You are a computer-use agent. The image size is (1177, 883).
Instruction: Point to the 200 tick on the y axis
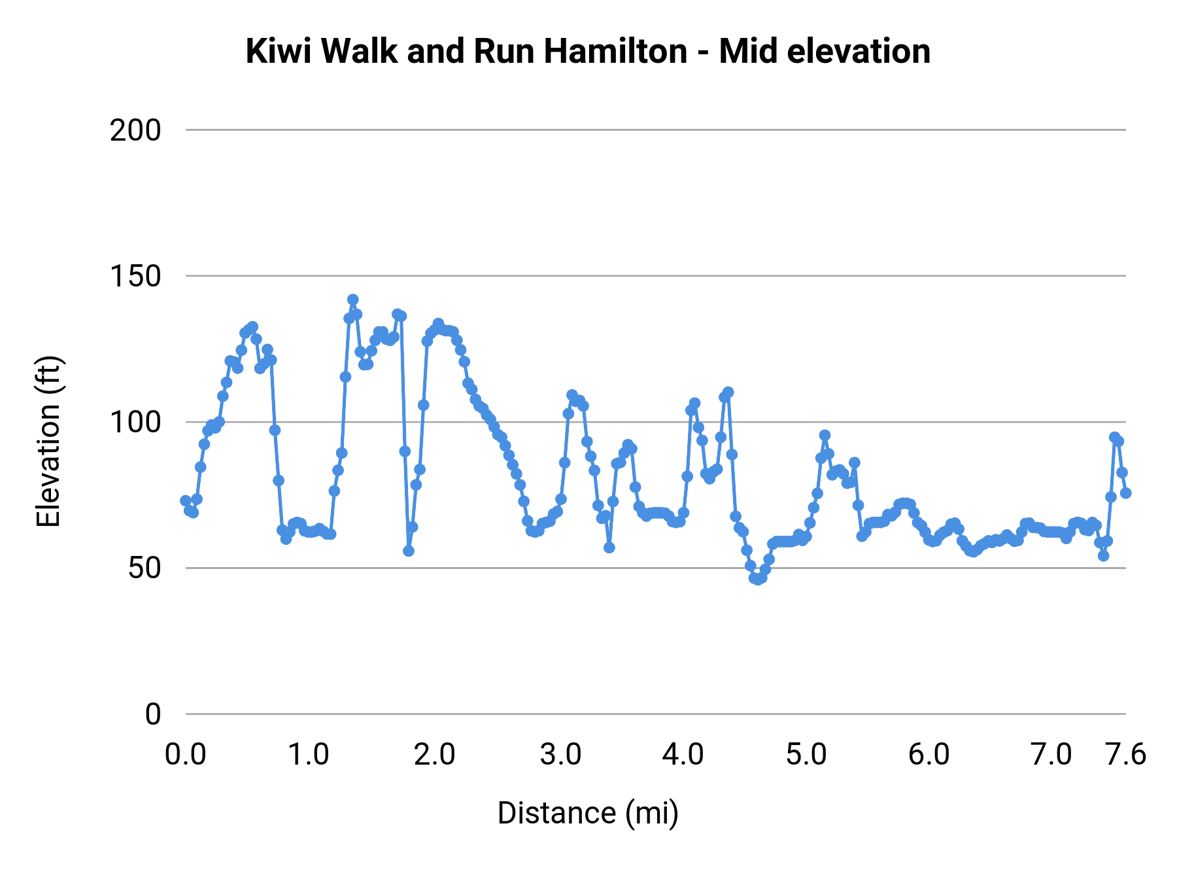pos(135,131)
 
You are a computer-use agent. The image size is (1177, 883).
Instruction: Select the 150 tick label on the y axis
pos(135,277)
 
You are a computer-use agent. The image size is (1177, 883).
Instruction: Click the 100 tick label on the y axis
pos(135,423)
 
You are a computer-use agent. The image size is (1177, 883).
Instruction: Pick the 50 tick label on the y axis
pos(144,568)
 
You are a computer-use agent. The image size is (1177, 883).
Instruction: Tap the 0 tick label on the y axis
pos(152,714)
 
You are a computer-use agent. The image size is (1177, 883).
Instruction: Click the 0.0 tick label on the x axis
pos(185,755)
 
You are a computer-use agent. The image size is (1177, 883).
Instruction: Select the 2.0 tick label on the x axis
pos(434,755)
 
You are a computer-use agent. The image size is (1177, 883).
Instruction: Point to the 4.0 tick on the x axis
pos(683,755)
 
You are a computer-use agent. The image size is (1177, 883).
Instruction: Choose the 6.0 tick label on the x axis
pos(929,755)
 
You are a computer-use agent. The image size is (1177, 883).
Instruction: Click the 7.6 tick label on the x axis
pos(1125,755)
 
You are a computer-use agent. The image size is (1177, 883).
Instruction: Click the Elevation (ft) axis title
pos(48,441)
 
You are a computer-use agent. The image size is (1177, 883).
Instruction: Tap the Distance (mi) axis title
pos(588,813)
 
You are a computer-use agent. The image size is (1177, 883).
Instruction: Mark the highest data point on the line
pos(353,300)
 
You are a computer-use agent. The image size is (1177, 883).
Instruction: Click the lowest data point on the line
pos(758,580)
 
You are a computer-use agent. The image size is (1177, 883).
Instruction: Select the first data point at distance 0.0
pos(186,500)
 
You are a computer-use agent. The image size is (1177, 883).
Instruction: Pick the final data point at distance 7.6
pos(1125,493)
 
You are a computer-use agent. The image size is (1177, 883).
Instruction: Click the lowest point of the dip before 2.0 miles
pos(409,551)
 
